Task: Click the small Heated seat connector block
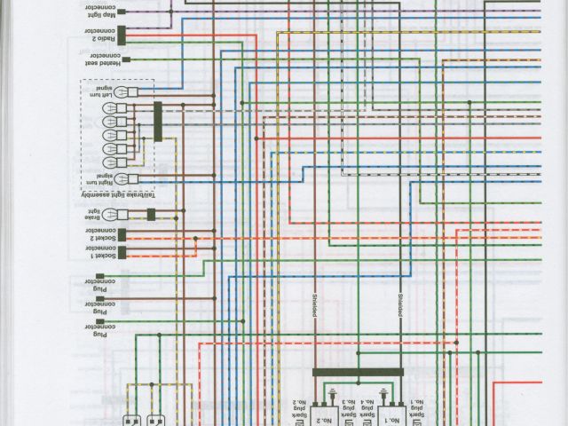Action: pyautogui.click(x=127, y=60)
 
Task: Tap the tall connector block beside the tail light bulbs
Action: pyautogui.click(x=158, y=122)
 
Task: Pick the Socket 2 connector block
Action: pyautogui.click(x=122, y=235)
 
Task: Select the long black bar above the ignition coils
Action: pyautogui.click(x=358, y=373)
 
